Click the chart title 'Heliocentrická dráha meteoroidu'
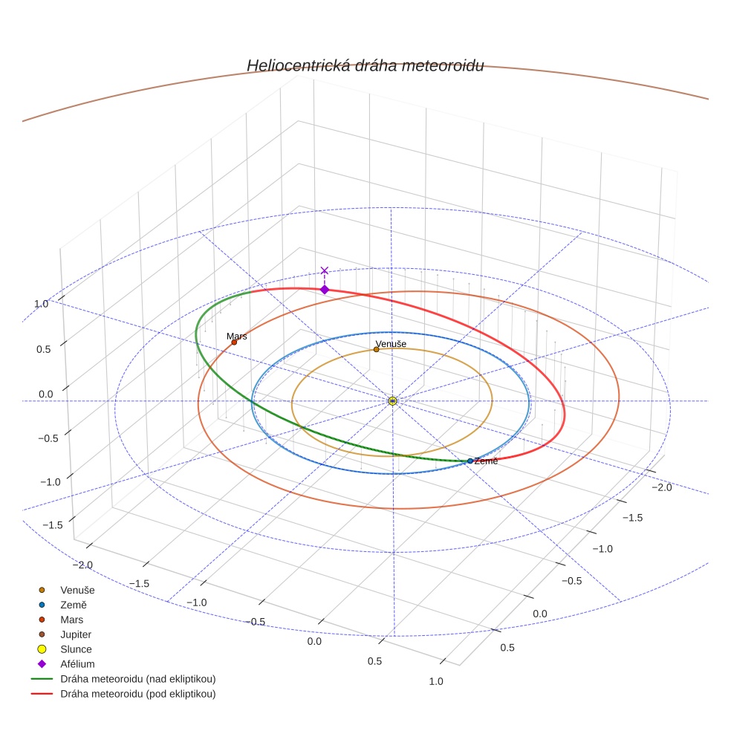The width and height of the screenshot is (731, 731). [365, 65]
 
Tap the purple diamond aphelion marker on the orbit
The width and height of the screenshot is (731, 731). [324, 290]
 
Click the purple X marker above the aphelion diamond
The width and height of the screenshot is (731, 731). [324, 271]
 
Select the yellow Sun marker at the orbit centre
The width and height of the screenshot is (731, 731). [392, 401]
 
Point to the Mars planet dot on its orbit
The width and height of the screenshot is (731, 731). [234, 342]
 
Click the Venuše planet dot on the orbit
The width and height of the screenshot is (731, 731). [376, 349]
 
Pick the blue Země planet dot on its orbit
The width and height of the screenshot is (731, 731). [470, 461]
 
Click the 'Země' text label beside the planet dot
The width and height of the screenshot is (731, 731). [486, 461]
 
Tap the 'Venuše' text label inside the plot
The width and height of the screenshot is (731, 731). [391, 344]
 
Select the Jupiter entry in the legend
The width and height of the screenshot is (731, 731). [76, 634]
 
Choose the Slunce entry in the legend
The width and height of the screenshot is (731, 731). [76, 649]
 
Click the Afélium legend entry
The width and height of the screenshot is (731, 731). [77, 664]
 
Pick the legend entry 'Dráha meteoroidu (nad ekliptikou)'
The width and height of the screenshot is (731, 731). [137, 679]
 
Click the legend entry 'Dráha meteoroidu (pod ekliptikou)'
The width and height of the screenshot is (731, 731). [137, 694]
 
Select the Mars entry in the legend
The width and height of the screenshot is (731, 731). [71, 620]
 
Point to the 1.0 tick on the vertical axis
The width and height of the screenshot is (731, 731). [41, 304]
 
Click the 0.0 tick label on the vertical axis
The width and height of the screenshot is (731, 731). [46, 394]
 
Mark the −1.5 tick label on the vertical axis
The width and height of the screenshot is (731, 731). [52, 524]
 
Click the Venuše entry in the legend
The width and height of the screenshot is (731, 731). [77, 590]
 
